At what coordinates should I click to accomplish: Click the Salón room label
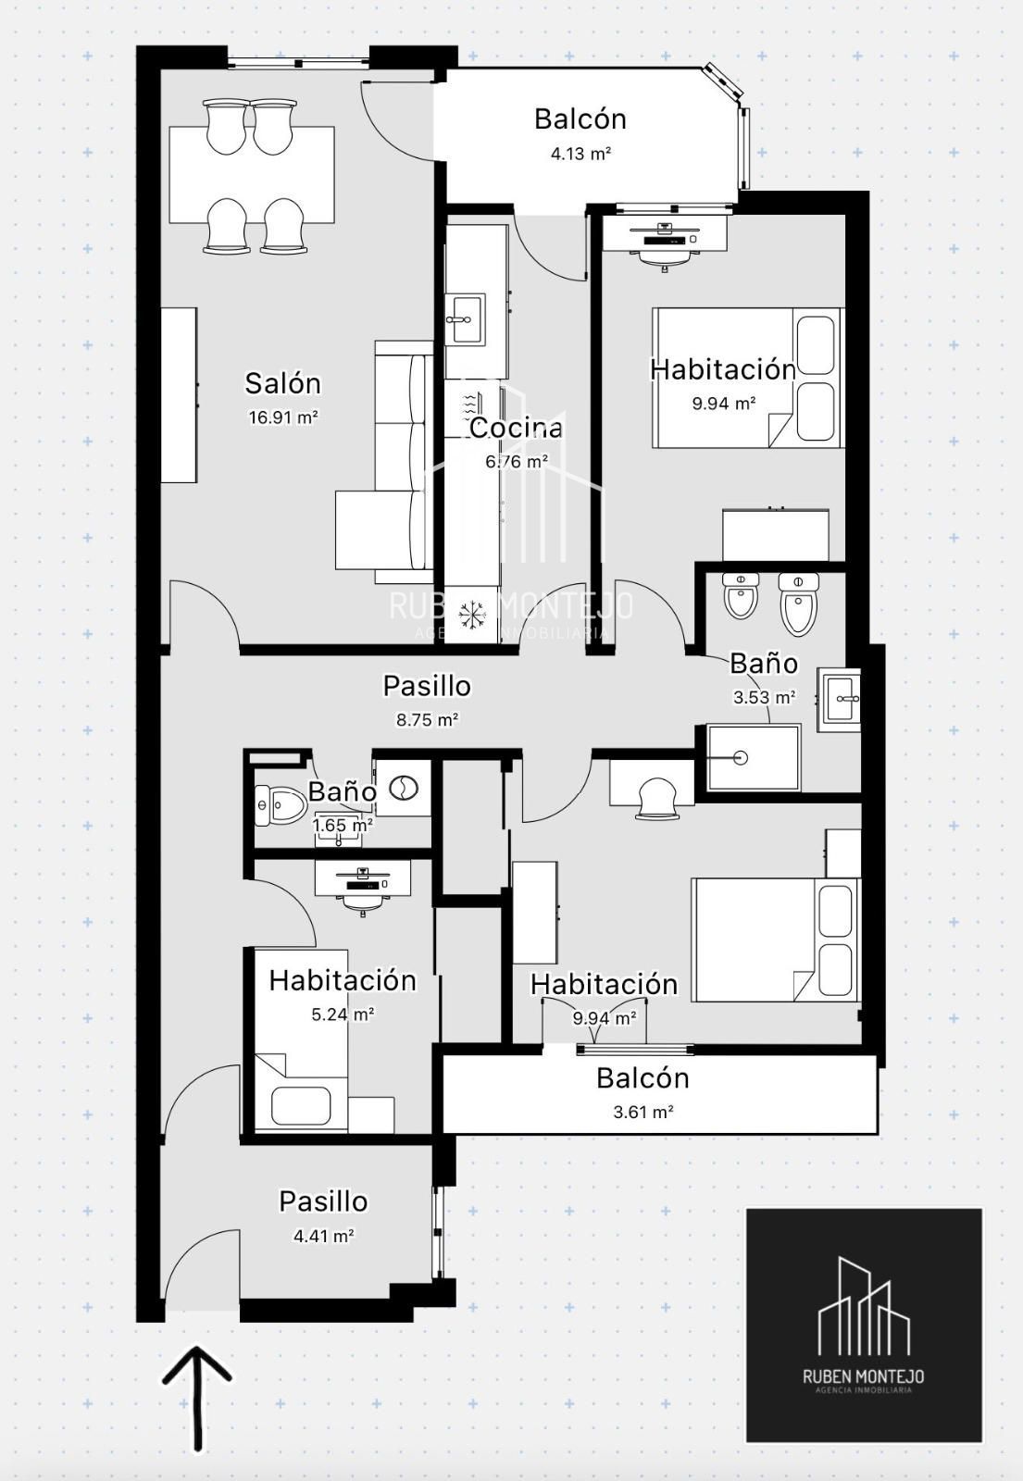pos(282,383)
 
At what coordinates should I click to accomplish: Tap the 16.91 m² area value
pos(283,417)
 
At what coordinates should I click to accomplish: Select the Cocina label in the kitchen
pos(516,428)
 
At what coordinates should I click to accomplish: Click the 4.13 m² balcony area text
pos(580,154)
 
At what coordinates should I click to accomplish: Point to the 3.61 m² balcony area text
pos(642,1112)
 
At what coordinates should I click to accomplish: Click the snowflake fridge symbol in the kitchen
pos(472,615)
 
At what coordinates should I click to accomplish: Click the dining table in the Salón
pos(251,175)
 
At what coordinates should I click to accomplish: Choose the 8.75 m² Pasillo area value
pos(427,719)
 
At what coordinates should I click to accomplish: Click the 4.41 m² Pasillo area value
pos(323,1235)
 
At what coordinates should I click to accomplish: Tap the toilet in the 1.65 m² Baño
pos(280,805)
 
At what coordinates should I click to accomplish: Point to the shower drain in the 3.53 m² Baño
pos(741,758)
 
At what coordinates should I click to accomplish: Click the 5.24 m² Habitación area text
pos(343,1014)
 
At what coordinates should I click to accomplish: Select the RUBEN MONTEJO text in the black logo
pos(863,1376)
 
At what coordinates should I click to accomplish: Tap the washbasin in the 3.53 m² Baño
pos(839,700)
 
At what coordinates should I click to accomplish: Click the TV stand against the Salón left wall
pos(180,394)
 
